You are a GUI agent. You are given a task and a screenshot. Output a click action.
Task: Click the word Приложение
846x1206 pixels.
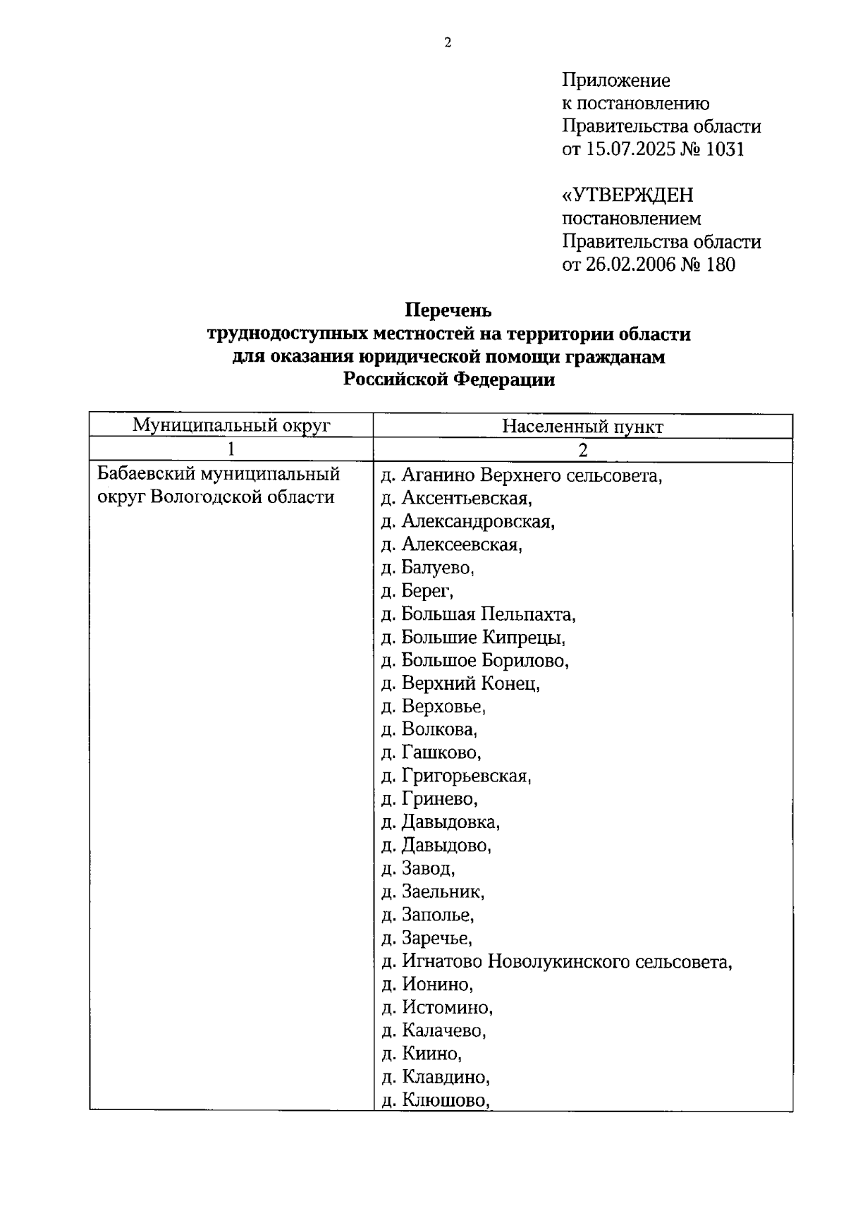[615, 80]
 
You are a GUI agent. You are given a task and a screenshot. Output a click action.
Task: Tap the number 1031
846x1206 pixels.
[722, 150]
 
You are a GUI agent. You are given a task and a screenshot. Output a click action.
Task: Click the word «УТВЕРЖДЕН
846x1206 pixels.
[627, 195]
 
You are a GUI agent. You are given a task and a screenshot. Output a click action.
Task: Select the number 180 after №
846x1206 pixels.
[719, 265]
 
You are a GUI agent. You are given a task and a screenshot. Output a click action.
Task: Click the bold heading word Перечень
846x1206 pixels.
[448, 310]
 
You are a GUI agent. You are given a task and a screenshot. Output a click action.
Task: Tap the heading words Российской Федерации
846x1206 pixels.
[448, 380]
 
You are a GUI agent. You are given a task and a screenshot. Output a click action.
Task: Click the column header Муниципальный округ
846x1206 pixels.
[231, 425]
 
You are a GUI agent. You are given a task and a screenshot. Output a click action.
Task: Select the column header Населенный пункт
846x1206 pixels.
[582, 427]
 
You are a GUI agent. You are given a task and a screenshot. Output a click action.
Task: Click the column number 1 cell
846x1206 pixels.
[231, 449]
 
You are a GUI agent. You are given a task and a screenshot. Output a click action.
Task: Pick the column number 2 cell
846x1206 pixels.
[582, 450]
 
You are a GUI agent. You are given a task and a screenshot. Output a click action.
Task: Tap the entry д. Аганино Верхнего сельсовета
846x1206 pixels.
[522, 475]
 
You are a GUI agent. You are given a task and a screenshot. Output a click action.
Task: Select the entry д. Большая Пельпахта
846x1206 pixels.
[478, 614]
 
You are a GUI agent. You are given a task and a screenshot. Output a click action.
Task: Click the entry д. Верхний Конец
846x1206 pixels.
[460, 683]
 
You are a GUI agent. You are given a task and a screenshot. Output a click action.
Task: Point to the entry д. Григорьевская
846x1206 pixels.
[456, 776]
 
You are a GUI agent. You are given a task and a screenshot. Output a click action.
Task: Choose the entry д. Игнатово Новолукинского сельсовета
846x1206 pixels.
[556, 962]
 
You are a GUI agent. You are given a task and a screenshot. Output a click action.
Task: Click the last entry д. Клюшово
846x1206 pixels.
[435, 1100]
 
